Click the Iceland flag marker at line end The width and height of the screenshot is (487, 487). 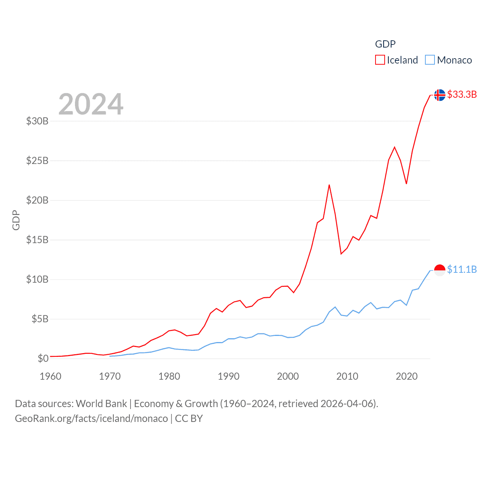point(439,95)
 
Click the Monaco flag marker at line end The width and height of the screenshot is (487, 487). point(439,270)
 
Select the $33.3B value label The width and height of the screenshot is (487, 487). point(462,94)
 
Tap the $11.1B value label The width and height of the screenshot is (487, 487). point(462,269)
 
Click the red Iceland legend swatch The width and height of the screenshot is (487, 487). point(380,60)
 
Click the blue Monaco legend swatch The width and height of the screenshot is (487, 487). point(430,60)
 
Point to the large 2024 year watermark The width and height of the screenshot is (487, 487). point(91,104)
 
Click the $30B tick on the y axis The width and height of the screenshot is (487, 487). point(37,121)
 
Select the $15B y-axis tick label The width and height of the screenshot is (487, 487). point(37,240)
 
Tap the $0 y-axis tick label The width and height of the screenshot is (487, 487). point(43,358)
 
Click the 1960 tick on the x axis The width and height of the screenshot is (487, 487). point(51,376)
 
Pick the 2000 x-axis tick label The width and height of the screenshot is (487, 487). point(288,376)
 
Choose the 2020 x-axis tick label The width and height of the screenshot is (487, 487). point(407,376)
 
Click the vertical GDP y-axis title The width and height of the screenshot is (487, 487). point(16,220)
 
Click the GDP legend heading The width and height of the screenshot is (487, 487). point(385,44)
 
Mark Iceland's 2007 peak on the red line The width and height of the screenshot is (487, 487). point(329,185)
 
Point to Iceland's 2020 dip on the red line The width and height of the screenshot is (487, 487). point(406,184)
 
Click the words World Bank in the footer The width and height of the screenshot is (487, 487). point(101,403)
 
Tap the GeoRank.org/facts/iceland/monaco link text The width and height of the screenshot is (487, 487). point(91,419)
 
